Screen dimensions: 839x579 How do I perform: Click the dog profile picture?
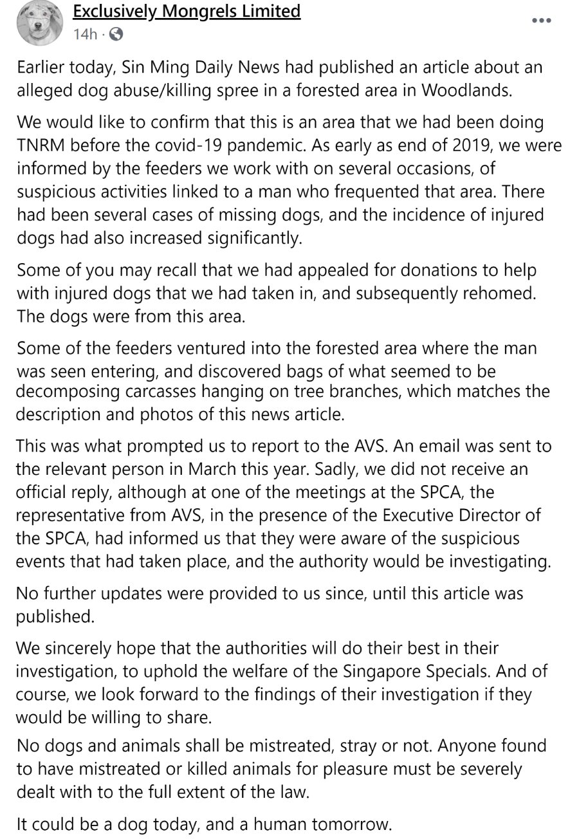40,24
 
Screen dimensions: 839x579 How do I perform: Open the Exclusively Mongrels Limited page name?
187,11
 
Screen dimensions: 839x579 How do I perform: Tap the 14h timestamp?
84,33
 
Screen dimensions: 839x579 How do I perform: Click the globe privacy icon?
116,33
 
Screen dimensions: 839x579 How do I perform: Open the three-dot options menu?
542,21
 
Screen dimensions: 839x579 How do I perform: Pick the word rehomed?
504,293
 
